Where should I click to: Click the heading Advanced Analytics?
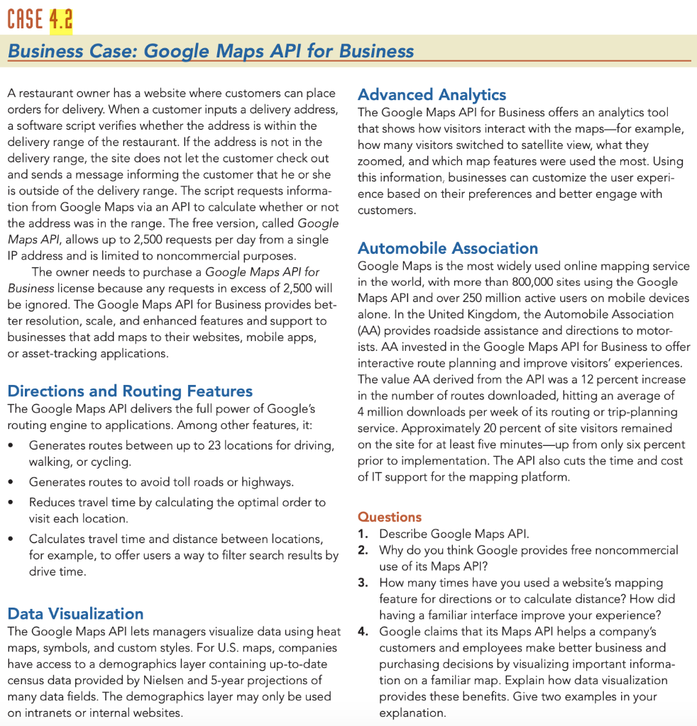click(432, 94)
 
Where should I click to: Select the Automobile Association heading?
click(448, 248)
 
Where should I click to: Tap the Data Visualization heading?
click(75, 613)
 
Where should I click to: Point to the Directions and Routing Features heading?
click(130, 391)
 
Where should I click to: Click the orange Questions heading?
click(390, 517)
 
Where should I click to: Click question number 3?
click(363, 583)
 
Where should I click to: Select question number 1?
click(363, 534)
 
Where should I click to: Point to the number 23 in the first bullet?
click(216, 445)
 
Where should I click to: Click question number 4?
click(363, 631)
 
